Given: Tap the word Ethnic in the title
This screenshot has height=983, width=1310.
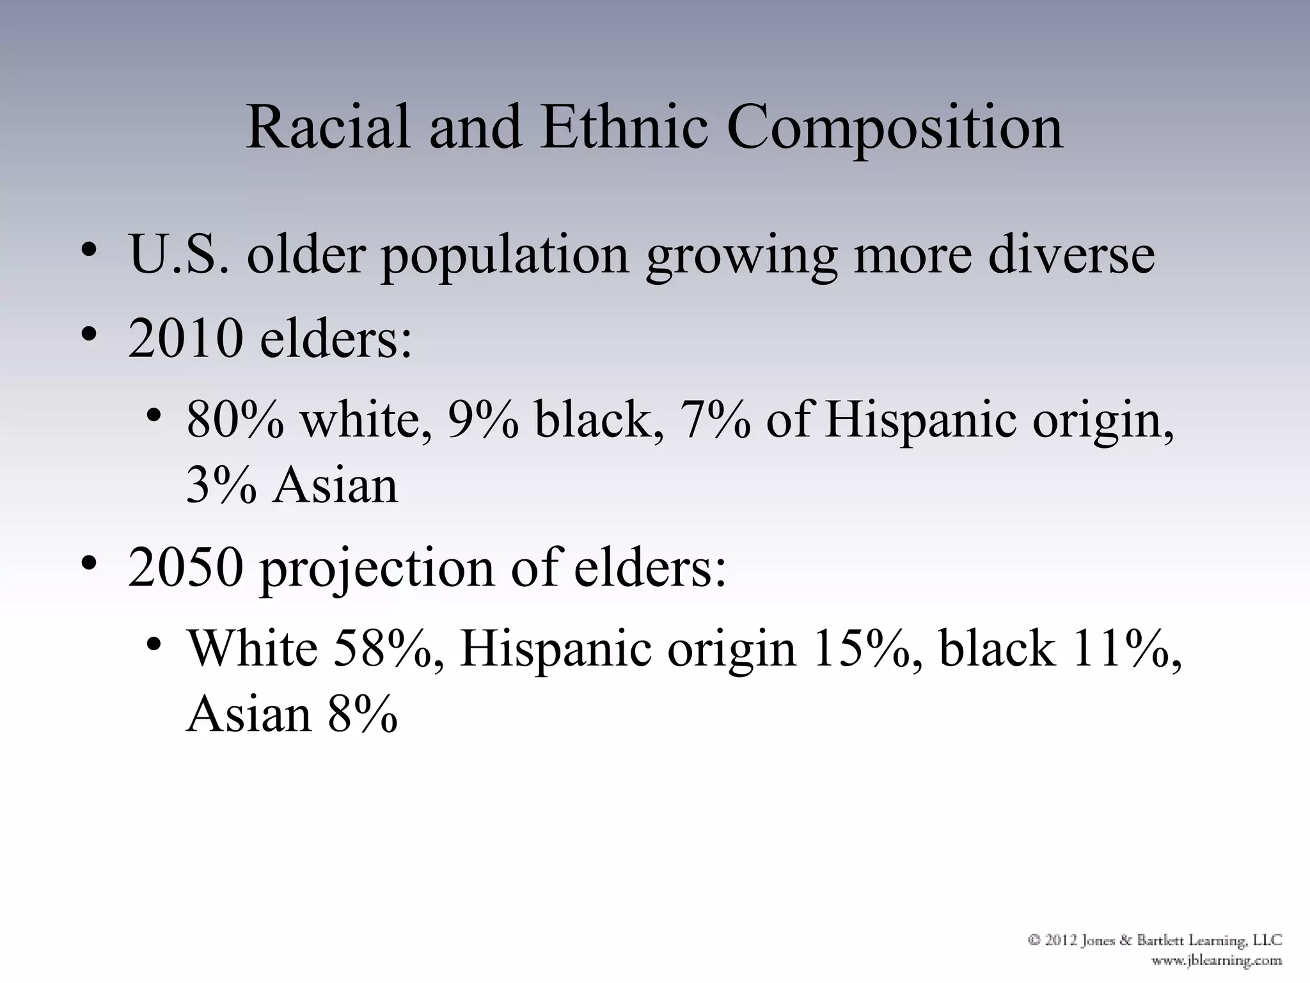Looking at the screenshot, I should (x=624, y=128).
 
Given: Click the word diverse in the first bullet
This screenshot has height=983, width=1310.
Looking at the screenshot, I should (x=1071, y=255).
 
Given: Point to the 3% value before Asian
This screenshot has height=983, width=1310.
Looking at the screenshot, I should (x=221, y=485).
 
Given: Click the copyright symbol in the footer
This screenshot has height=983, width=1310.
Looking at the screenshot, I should (x=1034, y=940).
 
